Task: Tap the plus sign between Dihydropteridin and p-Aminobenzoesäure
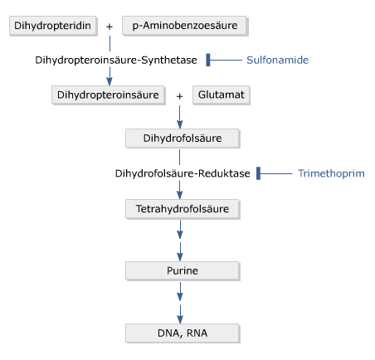click(110, 27)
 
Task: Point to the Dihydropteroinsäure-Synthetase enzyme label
click(116, 61)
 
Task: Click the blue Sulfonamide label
click(277, 61)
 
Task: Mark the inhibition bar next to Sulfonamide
click(208, 60)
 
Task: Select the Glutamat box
click(221, 95)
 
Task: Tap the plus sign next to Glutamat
click(180, 95)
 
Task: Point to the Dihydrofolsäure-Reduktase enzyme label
click(181, 173)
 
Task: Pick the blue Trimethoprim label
click(331, 173)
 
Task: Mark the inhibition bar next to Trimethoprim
click(258, 173)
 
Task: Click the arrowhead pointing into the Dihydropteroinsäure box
click(110, 80)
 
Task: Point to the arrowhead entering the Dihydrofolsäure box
click(180, 124)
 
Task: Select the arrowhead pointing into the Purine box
click(180, 256)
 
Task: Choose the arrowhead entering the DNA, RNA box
click(180, 319)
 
